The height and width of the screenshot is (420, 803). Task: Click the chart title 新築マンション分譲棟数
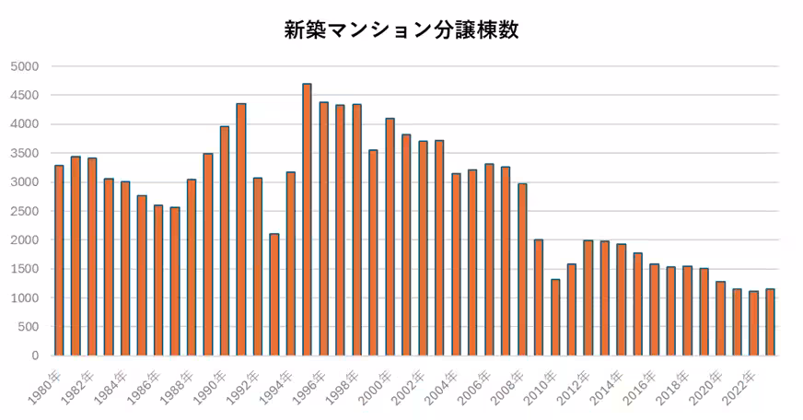[401, 29]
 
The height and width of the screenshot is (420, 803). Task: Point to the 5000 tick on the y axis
[25, 66]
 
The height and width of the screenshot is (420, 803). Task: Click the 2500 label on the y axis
[25, 211]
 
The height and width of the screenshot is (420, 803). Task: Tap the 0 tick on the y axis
[35, 356]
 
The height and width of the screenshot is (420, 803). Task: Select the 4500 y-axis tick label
[25, 95]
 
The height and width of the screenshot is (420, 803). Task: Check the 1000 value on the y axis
[25, 297]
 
